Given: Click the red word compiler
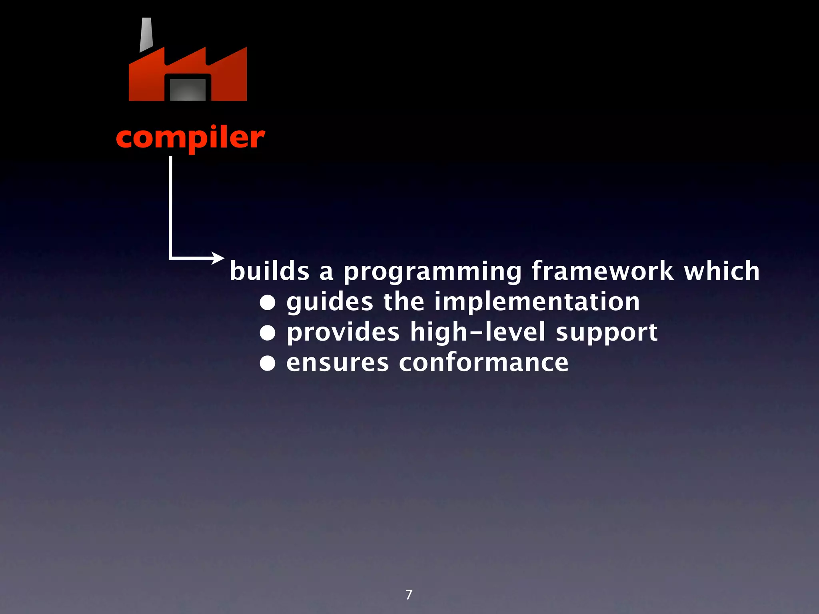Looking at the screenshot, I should (190, 138).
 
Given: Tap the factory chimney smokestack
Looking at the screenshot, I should (146, 35).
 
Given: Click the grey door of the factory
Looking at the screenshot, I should (188, 90).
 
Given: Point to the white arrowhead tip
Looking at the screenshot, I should (223, 258).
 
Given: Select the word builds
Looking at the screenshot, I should (270, 271).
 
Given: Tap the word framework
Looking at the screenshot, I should (602, 271).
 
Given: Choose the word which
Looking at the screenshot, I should (721, 271).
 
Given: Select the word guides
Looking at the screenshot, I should (330, 302).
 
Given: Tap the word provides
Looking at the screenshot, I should (343, 333).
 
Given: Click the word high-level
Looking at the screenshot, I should (478, 333).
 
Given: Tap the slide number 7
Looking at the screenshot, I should (409, 595).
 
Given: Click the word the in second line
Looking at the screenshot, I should (404, 302).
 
